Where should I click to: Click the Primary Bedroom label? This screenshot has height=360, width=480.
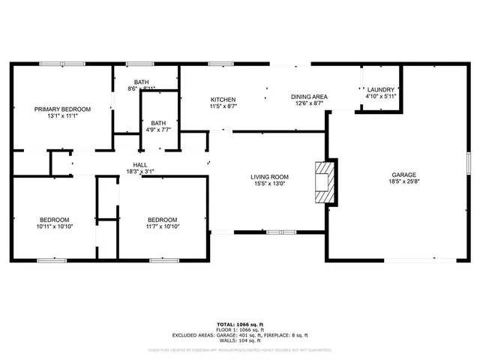tap(62, 109)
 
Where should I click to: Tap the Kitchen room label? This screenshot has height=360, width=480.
tap(223, 100)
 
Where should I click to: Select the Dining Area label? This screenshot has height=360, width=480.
tap(309, 96)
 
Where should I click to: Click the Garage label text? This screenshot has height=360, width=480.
tap(403, 173)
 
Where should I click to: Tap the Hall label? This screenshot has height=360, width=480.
tap(140, 164)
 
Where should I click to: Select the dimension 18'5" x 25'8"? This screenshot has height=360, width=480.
tap(403, 181)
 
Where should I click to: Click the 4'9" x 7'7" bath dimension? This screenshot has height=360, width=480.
tap(158, 130)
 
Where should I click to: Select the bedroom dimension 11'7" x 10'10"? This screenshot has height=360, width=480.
tap(163, 226)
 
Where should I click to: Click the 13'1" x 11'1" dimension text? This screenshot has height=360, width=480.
tap(62, 116)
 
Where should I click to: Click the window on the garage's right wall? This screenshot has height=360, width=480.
tap(467, 163)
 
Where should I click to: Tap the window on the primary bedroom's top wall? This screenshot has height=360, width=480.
tap(52, 64)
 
